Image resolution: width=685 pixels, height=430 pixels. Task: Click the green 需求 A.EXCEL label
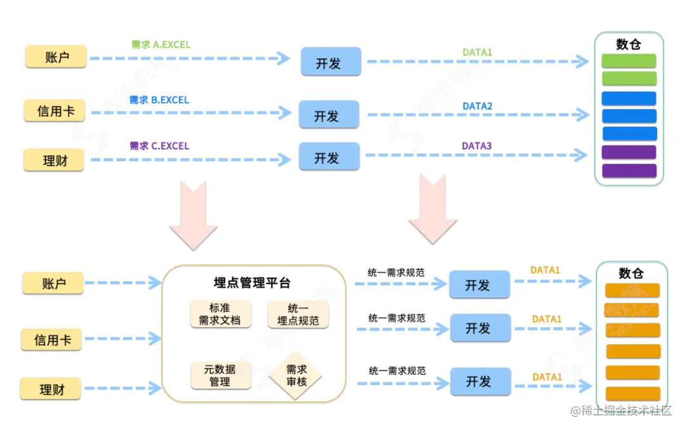pyautogui.click(x=160, y=45)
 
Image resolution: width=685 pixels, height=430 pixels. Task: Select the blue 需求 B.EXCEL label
pyautogui.click(x=159, y=100)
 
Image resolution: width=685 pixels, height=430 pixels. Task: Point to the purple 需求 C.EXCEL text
pyautogui.click(x=159, y=146)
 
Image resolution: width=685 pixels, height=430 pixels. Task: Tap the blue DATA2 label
pyautogui.click(x=477, y=107)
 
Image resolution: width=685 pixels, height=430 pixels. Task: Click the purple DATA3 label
pyautogui.click(x=476, y=146)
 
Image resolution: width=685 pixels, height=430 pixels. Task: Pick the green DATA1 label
pyautogui.click(x=477, y=53)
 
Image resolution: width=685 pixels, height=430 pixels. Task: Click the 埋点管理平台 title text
pyautogui.click(x=252, y=283)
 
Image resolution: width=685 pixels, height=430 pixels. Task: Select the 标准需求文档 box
pyautogui.click(x=220, y=314)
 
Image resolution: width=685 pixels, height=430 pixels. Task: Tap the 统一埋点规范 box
pyautogui.click(x=298, y=314)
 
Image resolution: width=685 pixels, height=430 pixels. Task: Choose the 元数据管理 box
pyautogui.click(x=220, y=375)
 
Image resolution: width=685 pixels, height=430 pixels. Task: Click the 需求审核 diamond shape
pyautogui.click(x=296, y=375)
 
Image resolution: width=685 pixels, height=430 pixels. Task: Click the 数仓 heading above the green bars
pyautogui.click(x=629, y=44)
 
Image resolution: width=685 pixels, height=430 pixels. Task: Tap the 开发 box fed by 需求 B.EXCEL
pyautogui.click(x=329, y=115)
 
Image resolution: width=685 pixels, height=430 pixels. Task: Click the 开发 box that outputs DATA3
pyautogui.click(x=329, y=157)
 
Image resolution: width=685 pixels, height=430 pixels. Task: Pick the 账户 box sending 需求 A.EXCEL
pyautogui.click(x=56, y=57)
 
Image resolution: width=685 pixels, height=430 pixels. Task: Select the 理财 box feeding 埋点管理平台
pyautogui.click(x=51, y=389)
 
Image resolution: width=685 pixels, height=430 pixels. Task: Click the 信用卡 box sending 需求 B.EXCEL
pyautogui.click(x=56, y=111)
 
